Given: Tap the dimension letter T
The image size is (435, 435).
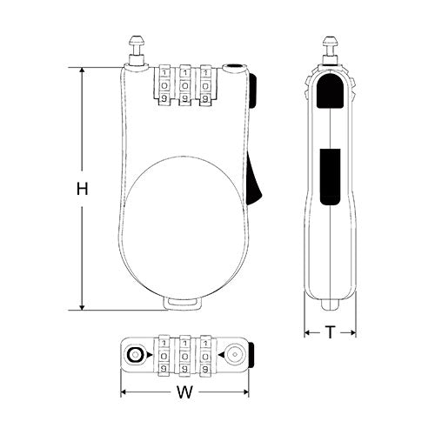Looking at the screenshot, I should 331,331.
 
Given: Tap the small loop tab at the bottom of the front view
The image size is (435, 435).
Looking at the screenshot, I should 186,302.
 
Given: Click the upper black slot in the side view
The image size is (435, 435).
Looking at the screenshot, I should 331,92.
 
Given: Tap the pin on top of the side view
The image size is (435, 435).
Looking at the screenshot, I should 331,47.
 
